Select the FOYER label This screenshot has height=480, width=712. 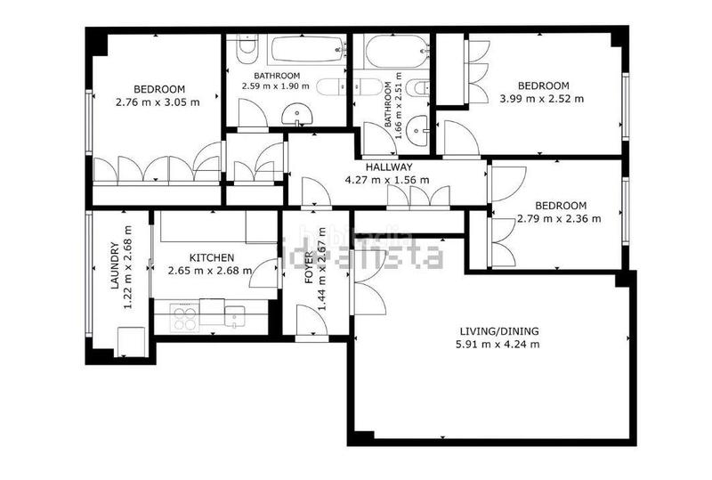tap(310, 267)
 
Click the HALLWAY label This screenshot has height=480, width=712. tap(388, 167)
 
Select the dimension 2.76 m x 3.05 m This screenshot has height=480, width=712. tap(158, 102)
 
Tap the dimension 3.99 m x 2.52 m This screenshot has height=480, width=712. tap(541, 99)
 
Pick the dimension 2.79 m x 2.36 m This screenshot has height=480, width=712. tap(558, 218)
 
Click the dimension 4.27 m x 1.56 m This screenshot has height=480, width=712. tap(388, 180)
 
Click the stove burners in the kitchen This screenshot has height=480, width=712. tap(184, 318)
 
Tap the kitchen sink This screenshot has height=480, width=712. tap(234, 313)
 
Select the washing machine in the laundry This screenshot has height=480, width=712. tap(131, 341)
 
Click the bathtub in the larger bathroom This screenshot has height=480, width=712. tap(305, 52)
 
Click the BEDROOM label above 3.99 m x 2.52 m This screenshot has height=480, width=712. tap(543, 85)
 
